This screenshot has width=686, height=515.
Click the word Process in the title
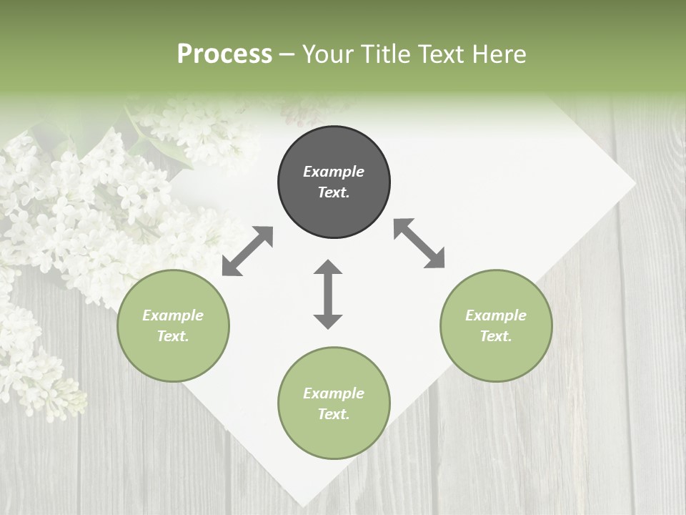[x=224, y=54]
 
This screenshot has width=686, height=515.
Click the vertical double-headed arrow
[x=328, y=295]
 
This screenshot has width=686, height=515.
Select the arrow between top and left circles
[x=247, y=251]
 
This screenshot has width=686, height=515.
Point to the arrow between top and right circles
[x=419, y=243]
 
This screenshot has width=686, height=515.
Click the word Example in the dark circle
[x=334, y=172]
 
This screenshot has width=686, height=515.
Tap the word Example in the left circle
[x=173, y=315]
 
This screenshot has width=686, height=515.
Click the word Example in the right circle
[x=496, y=315]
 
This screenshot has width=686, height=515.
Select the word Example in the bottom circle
[x=334, y=393]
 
